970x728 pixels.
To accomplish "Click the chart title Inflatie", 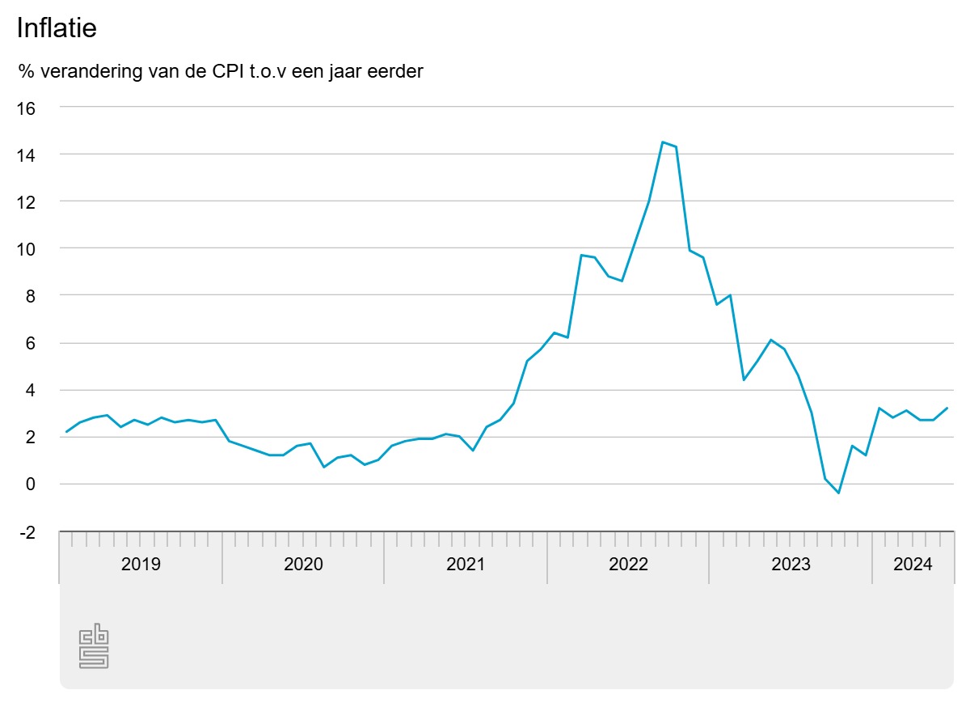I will point(57,28).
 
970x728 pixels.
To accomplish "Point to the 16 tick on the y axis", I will point(27,108).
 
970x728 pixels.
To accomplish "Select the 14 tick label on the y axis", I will point(27,154).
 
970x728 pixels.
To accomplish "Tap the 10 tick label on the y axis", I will point(27,249).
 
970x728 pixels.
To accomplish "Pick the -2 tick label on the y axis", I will point(27,532).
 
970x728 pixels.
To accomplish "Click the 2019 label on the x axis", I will point(141,565).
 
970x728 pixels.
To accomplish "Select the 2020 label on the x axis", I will point(303,565).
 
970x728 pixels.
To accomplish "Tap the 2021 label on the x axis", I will point(466,565).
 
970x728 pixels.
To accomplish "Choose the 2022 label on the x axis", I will point(628,565).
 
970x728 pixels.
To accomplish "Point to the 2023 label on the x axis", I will point(791,565).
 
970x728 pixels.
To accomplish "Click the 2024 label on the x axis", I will point(913,565).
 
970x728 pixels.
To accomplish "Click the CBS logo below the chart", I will point(94,646).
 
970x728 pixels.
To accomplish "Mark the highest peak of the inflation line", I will point(662,142).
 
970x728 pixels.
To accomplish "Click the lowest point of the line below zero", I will point(838,493).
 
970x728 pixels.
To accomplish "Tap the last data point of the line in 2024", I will point(947,408).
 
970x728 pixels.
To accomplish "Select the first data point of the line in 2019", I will point(66,432).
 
